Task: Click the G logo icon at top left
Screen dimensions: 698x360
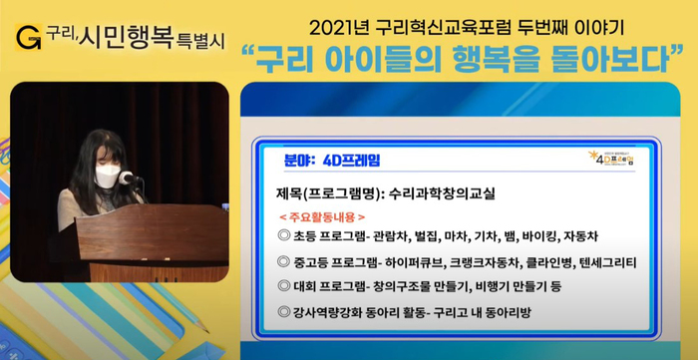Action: click(29, 37)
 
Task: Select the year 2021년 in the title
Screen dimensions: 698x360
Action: click(340, 28)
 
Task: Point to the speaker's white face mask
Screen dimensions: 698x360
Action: click(108, 177)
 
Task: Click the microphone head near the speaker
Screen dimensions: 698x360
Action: click(127, 179)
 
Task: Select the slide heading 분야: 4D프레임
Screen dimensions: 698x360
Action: click(332, 161)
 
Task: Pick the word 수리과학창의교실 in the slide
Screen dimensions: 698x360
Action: click(442, 194)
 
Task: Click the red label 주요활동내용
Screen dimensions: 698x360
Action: click(322, 217)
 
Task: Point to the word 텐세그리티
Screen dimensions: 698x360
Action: click(607, 263)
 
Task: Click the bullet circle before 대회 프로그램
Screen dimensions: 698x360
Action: click(284, 285)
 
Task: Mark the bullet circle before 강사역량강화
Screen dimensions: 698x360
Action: click(284, 312)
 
